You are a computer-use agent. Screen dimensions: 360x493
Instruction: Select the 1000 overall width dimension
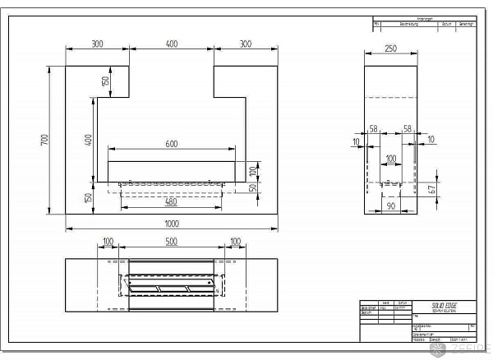pyautogui.click(x=171, y=224)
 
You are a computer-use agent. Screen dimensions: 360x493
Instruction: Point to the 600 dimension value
pyautogui.click(x=172, y=144)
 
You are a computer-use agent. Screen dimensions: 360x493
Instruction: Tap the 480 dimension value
pyautogui.click(x=171, y=202)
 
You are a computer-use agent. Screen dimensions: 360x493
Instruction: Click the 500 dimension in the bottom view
pyautogui.click(x=171, y=242)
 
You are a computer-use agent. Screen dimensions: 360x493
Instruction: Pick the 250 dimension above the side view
pyautogui.click(x=390, y=49)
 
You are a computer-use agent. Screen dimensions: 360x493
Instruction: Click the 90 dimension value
pyautogui.click(x=390, y=207)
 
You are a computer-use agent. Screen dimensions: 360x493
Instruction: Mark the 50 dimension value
pyautogui.click(x=253, y=187)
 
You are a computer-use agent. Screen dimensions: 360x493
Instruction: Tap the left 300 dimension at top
pyautogui.click(x=97, y=44)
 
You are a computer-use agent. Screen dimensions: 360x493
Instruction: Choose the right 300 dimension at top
pyautogui.click(x=246, y=44)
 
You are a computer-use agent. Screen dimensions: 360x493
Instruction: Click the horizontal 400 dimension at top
pyautogui.click(x=171, y=44)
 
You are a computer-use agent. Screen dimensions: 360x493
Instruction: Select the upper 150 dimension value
pyautogui.click(x=106, y=81)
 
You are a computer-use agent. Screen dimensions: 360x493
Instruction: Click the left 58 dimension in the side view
pyautogui.click(x=374, y=130)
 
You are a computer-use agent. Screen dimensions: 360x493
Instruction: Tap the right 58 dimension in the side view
pyautogui.click(x=408, y=130)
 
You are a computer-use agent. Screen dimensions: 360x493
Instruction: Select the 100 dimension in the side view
pyautogui.click(x=390, y=158)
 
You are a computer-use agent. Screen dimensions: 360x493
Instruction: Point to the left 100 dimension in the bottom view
pyautogui.click(x=108, y=242)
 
